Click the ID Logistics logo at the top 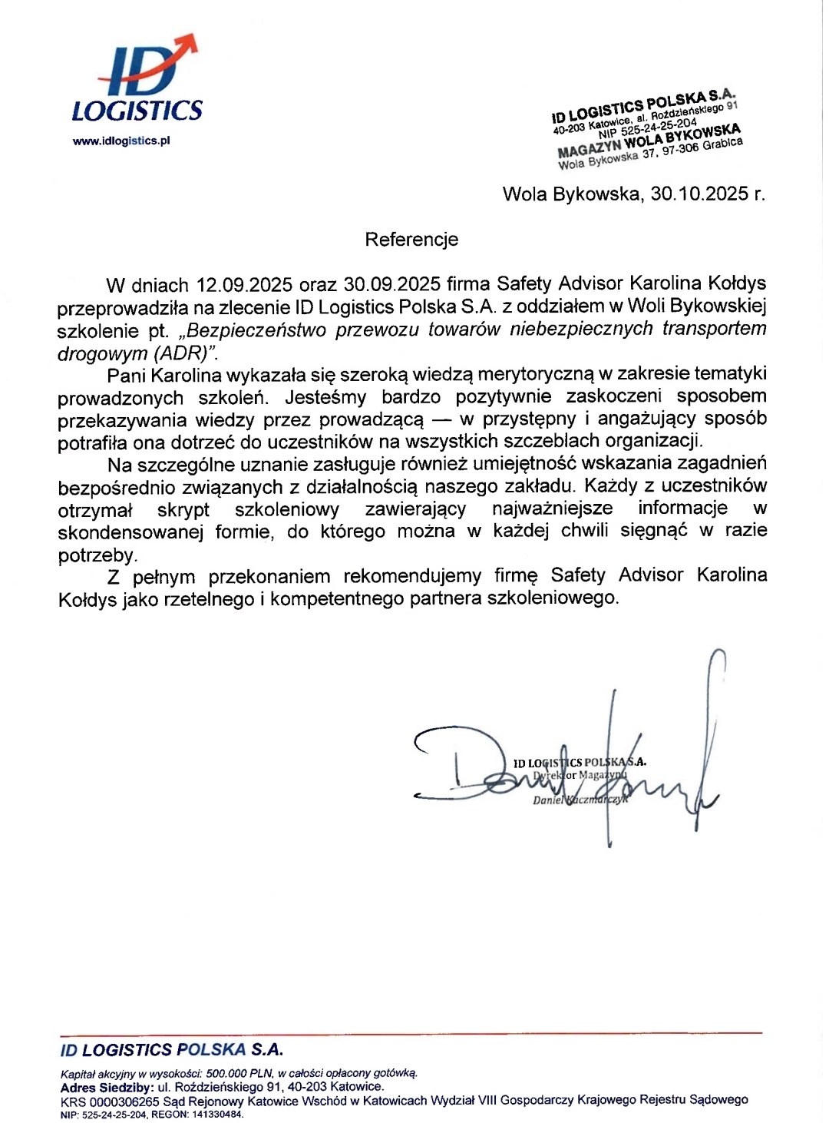coord(138,81)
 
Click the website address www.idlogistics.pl coord(121,141)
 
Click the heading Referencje coord(411,240)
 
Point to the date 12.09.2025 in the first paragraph coord(244,285)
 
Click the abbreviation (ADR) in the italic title coord(185,354)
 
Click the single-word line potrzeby coord(97,555)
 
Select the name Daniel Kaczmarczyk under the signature coord(580,800)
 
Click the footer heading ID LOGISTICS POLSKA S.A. coord(172,1049)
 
